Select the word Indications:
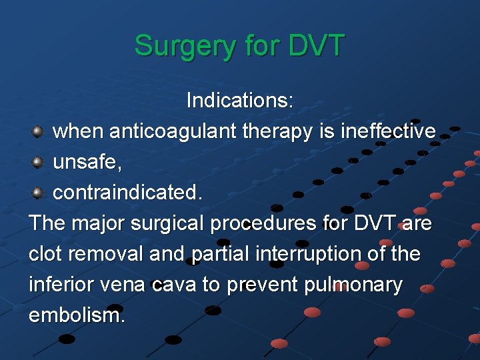(x=240, y=101)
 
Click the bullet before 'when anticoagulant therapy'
(x=39, y=131)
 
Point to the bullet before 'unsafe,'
(x=39, y=162)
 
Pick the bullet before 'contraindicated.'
(x=39, y=193)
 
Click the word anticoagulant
(x=172, y=131)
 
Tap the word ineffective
(x=388, y=131)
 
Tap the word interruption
(x=311, y=254)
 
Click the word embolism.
(x=76, y=315)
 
